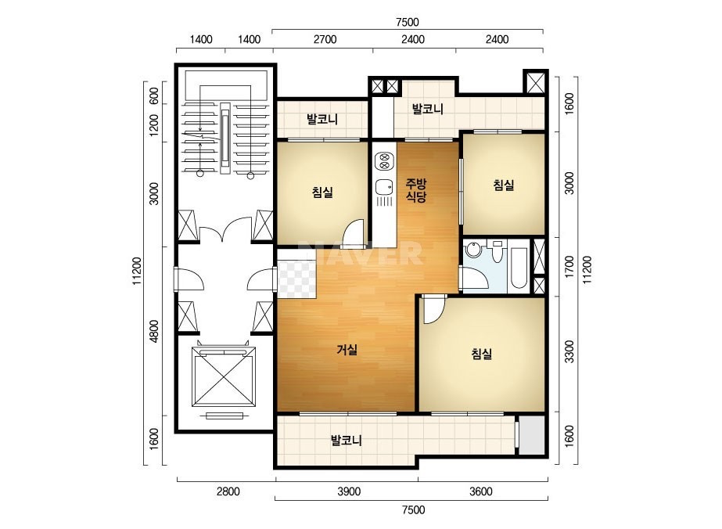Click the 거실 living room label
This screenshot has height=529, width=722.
pyautogui.click(x=347, y=350)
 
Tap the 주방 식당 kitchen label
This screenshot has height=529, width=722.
pyautogui.click(x=416, y=190)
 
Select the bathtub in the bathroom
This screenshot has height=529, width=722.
pyautogui.click(x=519, y=268)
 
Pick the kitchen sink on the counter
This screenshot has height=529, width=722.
pyautogui.click(x=384, y=187)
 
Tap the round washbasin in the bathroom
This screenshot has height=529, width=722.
pyautogui.click(x=472, y=250)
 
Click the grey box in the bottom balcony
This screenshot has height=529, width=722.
pyautogui.click(x=532, y=435)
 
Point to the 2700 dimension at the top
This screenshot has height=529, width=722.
pyautogui.click(x=325, y=39)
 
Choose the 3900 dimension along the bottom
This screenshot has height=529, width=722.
pyautogui.click(x=349, y=491)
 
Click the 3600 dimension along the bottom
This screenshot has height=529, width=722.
pyautogui.click(x=481, y=491)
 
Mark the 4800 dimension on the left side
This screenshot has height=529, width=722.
pyautogui.click(x=154, y=331)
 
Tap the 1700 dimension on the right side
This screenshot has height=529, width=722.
pyautogui.click(x=569, y=266)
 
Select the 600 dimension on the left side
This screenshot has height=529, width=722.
pyautogui.click(x=154, y=95)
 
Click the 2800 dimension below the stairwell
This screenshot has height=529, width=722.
pyautogui.click(x=228, y=491)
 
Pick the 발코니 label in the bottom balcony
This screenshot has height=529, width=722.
pyautogui.click(x=347, y=441)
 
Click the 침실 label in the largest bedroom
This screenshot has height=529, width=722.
pyautogui.click(x=482, y=354)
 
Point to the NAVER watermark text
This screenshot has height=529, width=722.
pyautogui.click(x=361, y=253)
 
